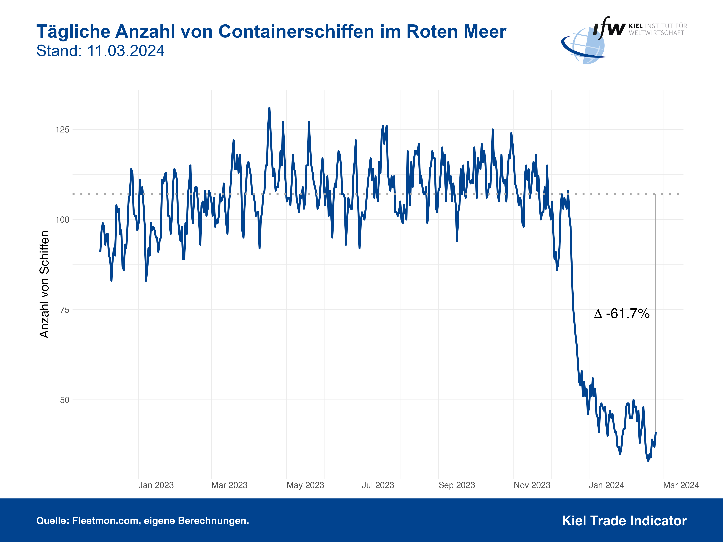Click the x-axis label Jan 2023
[156, 485]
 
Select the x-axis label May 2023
[305, 485]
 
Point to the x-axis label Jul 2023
[378, 485]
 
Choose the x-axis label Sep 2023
[457, 485]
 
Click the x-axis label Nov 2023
[532, 485]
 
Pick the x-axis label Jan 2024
[606, 485]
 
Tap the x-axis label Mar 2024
[681, 485]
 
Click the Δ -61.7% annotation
[622, 314]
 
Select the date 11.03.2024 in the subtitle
[126, 51]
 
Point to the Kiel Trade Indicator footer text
[624, 521]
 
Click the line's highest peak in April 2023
[269, 108]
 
